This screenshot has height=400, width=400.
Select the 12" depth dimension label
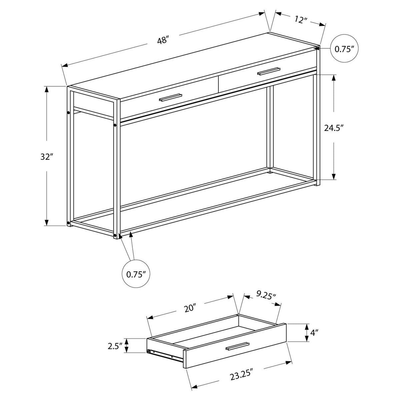[301, 20]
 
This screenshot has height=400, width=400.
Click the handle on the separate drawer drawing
[237, 346]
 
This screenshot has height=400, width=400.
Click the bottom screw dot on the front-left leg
[115, 236]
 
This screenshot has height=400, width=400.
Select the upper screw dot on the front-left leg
[115, 125]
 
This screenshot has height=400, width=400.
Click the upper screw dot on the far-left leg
[69, 113]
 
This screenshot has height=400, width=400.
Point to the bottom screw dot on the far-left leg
[69, 222]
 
